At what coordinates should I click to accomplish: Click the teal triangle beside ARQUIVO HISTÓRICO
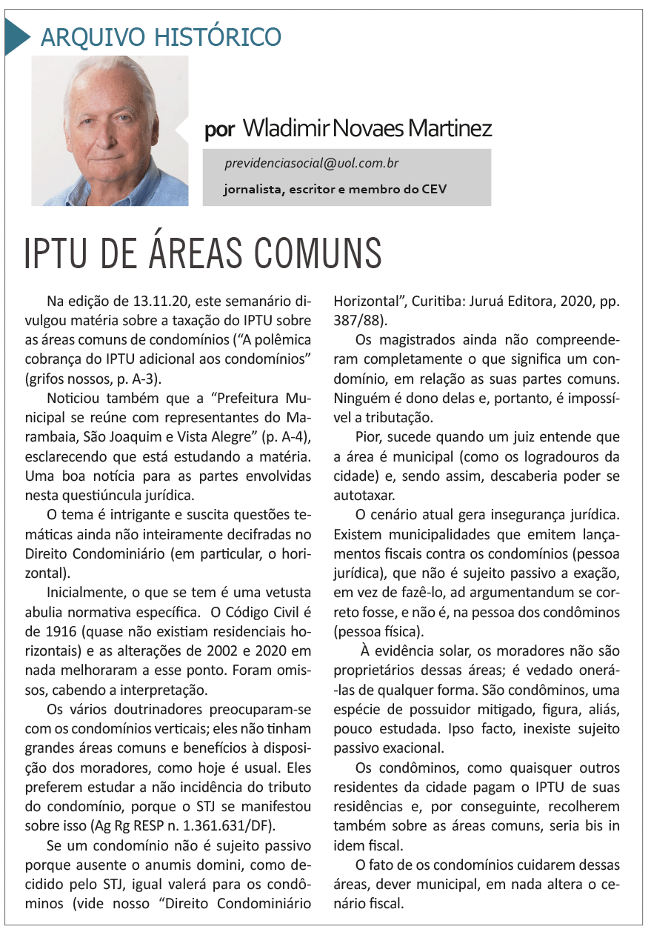[17, 36]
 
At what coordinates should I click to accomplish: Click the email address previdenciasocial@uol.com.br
[312, 164]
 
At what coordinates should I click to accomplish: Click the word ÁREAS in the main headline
[198, 254]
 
